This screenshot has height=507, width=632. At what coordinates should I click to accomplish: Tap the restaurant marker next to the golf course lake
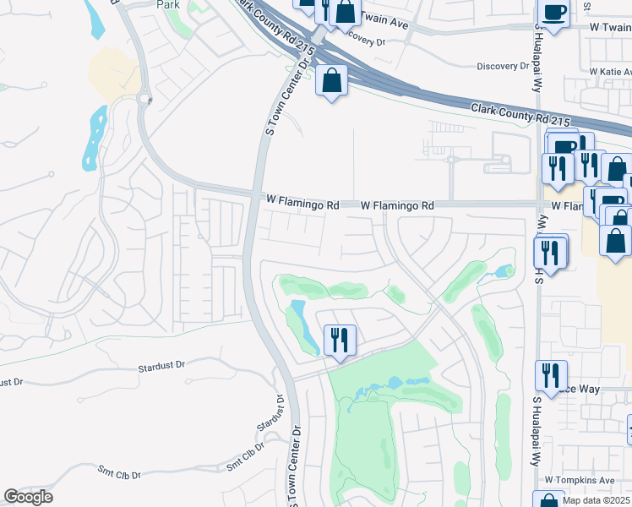click(339, 341)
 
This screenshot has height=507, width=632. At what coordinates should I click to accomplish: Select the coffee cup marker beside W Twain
click(553, 13)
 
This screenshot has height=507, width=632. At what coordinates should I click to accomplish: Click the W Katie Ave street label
click(610, 73)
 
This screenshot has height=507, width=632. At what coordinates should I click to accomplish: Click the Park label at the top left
click(169, 4)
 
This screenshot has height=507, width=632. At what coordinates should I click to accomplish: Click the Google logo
click(28, 497)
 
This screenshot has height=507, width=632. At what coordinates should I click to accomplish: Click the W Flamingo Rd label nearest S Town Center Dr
click(302, 204)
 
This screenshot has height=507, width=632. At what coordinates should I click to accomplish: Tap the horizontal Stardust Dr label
click(161, 367)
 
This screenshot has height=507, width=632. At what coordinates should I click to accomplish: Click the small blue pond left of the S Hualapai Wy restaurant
click(504, 272)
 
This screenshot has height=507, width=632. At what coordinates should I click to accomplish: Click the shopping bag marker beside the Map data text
click(548, 500)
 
